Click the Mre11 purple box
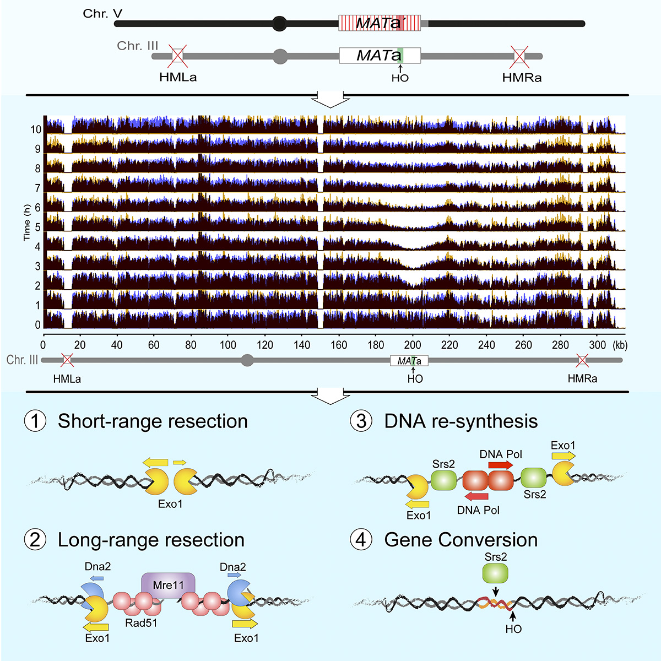[x=168, y=585]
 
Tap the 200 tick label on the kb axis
[x=413, y=345]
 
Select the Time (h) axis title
[x=27, y=223]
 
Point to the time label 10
[x=36, y=129]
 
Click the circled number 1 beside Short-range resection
[x=35, y=421]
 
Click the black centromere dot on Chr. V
[x=280, y=24]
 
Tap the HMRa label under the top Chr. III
[x=522, y=78]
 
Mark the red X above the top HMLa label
[x=178, y=56]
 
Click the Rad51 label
[x=141, y=623]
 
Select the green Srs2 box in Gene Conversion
[x=495, y=573]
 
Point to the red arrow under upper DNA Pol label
[x=501, y=465]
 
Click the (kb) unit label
[x=620, y=345]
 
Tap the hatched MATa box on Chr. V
[x=380, y=23]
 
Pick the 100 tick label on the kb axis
[x=227, y=345]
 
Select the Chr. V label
[x=102, y=13]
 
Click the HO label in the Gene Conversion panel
[x=513, y=629]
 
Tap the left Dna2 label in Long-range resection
[x=97, y=566]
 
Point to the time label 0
[x=38, y=325]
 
